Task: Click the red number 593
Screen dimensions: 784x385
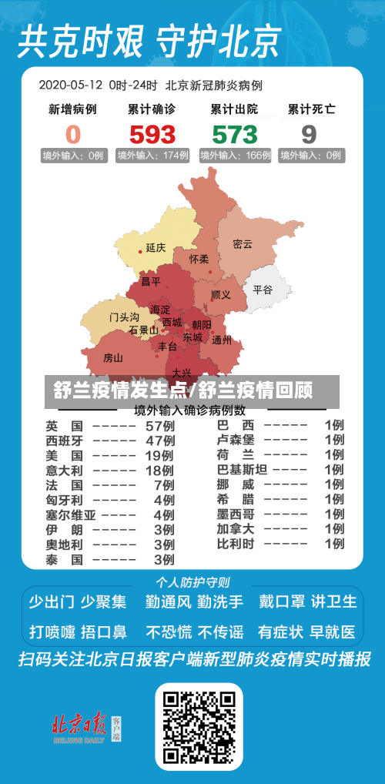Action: pyautogui.click(x=152, y=135)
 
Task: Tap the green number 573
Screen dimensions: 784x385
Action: pyautogui.click(x=234, y=135)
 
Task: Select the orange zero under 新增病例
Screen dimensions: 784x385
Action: pyautogui.click(x=72, y=135)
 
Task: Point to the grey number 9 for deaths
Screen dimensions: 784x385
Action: pyautogui.click(x=309, y=135)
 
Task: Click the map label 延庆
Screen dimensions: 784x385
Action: pyautogui.click(x=156, y=248)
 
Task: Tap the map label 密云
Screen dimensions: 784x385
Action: pyautogui.click(x=243, y=244)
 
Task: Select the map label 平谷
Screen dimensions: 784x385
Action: pyautogui.click(x=263, y=290)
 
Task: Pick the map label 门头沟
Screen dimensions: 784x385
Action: pyautogui.click(x=124, y=317)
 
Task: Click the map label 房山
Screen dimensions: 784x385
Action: pyautogui.click(x=113, y=357)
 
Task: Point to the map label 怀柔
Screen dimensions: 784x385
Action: pyautogui.click(x=199, y=260)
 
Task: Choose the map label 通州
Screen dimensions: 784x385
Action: pyautogui.click(x=222, y=340)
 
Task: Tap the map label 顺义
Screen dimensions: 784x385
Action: pyautogui.click(x=221, y=294)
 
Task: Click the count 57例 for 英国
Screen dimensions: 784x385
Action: pyautogui.click(x=159, y=425)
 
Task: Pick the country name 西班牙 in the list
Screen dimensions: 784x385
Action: pyautogui.click(x=64, y=441)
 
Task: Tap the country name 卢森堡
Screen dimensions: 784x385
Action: pyautogui.click(x=236, y=441)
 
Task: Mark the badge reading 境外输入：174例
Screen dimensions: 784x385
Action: pyautogui.click(x=152, y=156)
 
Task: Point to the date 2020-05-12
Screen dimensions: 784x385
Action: pyautogui.click(x=71, y=85)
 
